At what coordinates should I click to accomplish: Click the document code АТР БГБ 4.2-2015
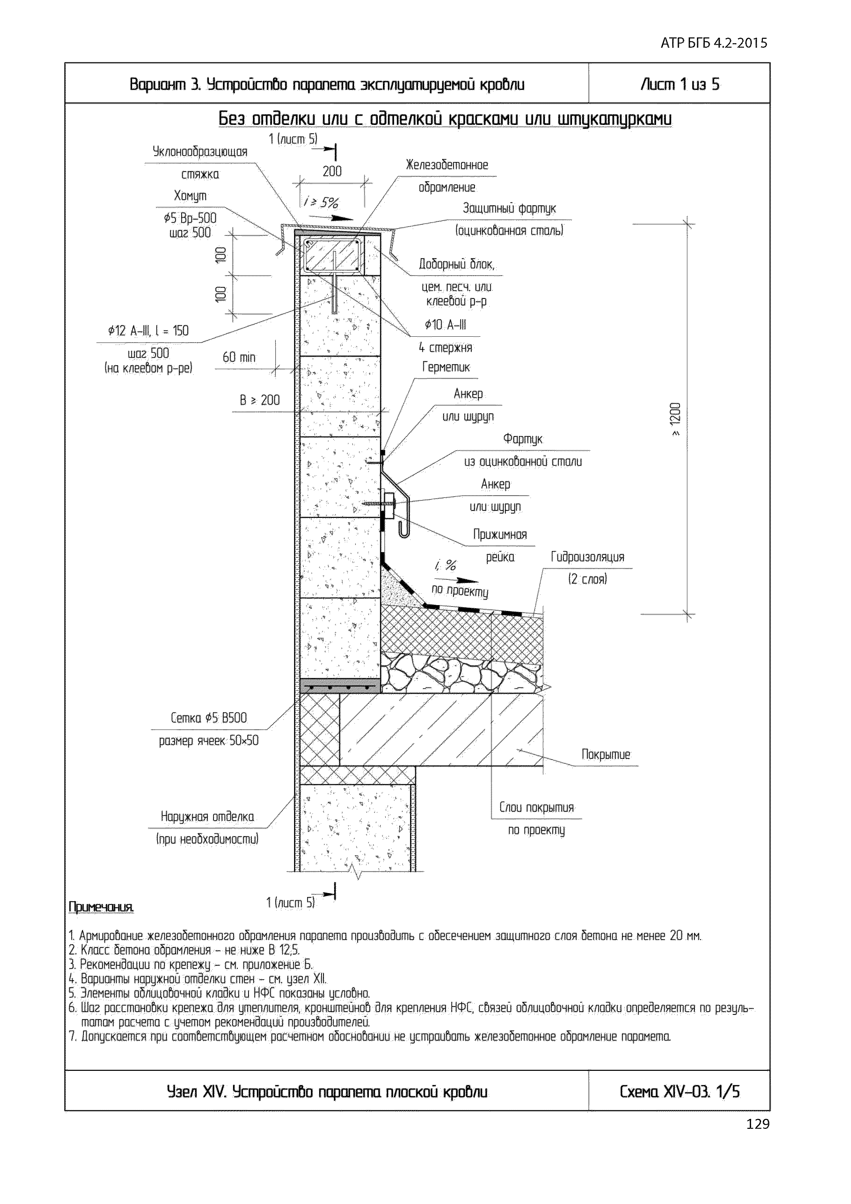(714, 43)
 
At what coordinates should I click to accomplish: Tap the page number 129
(758, 1124)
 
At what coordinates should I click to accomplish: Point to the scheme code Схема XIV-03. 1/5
(679, 1092)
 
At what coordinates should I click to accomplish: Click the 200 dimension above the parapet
(332, 171)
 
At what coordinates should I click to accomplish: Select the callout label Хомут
(190, 196)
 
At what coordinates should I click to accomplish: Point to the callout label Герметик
(446, 367)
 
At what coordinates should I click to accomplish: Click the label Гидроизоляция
(587, 557)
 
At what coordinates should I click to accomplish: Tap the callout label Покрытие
(606, 755)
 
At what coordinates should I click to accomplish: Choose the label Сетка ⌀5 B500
(209, 718)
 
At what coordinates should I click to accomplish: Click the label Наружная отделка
(207, 817)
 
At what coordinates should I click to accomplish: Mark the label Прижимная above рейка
(500, 534)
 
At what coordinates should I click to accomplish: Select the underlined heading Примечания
(101, 907)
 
